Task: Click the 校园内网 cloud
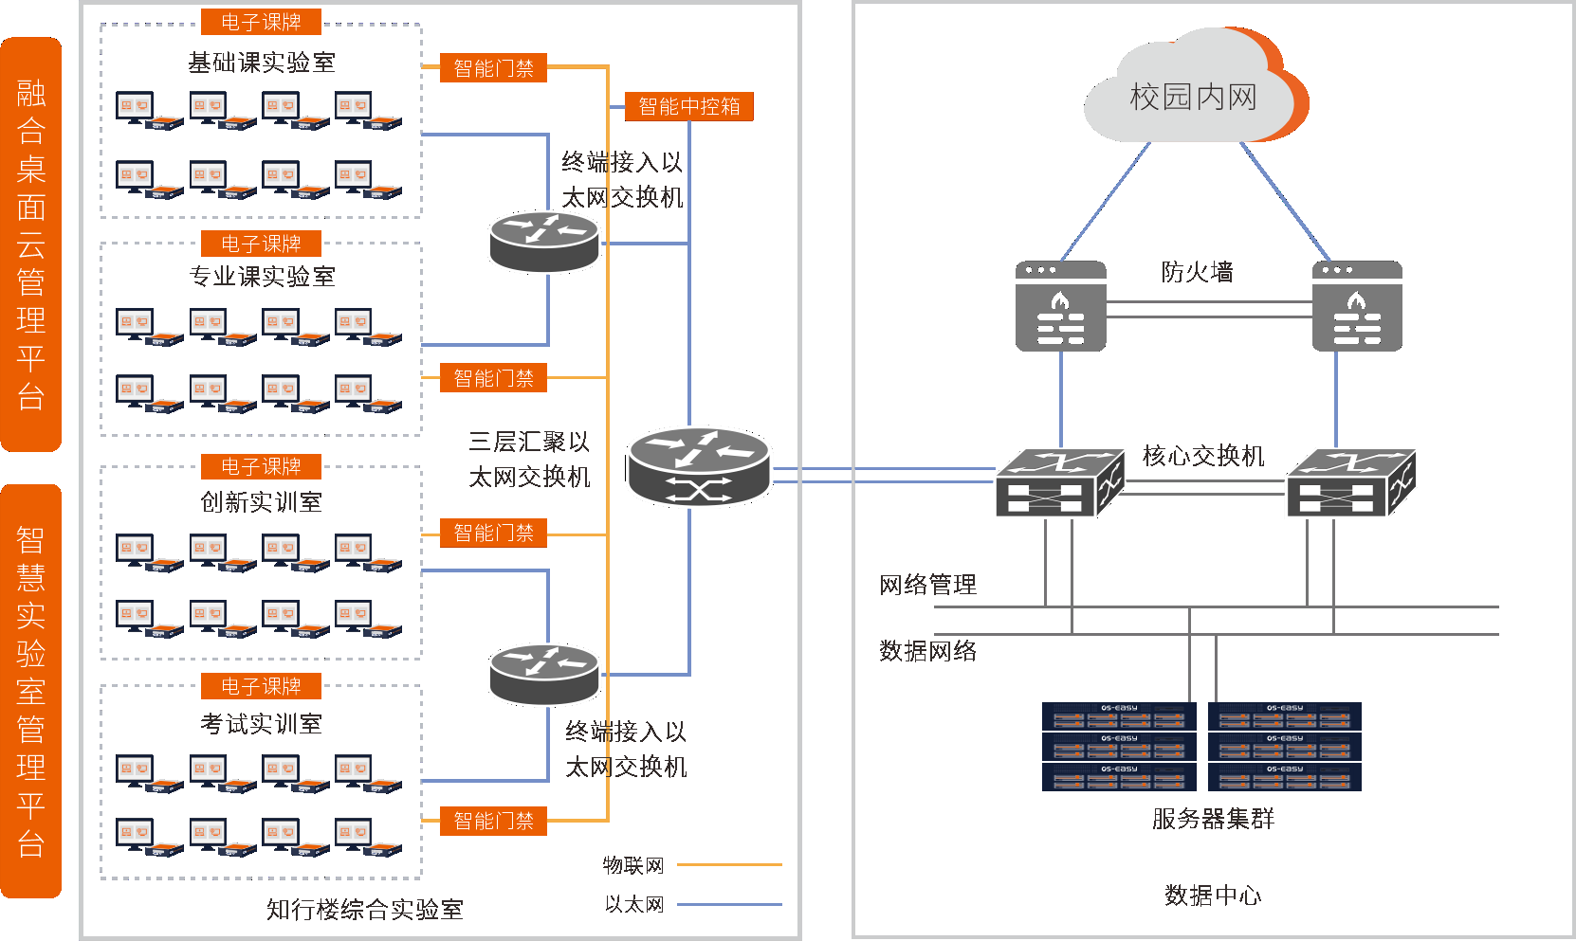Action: pos(1193,96)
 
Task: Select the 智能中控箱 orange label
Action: pos(689,106)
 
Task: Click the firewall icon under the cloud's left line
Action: pos(1061,306)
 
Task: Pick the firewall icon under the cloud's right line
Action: pos(1357,306)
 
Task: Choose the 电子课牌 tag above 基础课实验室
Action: pos(261,22)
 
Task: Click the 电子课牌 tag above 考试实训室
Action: pos(261,686)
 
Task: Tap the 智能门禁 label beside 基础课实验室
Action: pos(493,68)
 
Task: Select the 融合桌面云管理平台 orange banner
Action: pos(31,244)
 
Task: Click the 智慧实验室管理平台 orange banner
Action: pos(31,691)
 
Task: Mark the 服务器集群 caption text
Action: pos(1213,819)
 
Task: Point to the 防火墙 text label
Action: pos(1197,273)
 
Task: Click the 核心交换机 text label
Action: pos(1203,456)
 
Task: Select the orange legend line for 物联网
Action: pos(729,865)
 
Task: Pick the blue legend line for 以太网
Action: pos(729,905)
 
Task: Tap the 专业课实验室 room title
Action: pos(262,277)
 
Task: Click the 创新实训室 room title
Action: pos(262,502)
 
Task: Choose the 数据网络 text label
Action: pos(927,651)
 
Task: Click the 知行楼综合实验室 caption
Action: pos(364,910)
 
